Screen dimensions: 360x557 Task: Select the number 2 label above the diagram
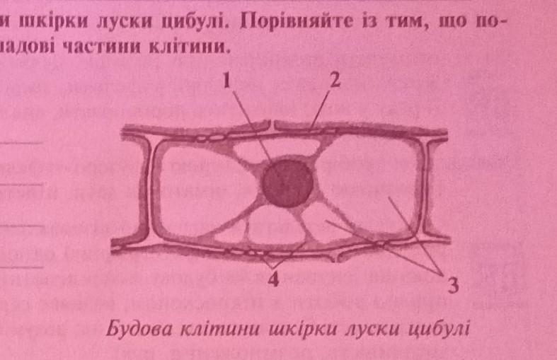pyautogui.click(x=335, y=81)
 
